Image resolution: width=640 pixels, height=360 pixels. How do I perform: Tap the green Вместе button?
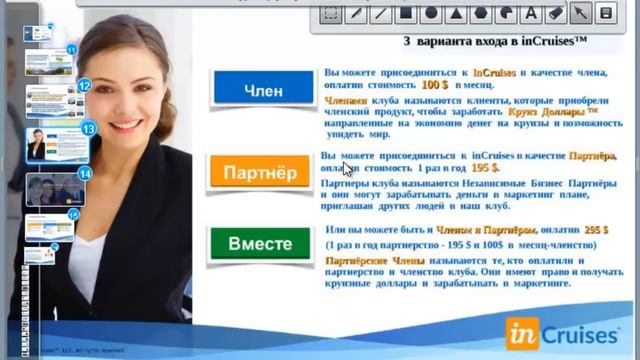259,244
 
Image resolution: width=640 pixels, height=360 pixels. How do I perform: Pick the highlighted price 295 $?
597,229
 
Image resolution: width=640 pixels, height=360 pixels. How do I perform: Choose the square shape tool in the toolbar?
406,13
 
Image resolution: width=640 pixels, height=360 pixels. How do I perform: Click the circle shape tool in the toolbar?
431,13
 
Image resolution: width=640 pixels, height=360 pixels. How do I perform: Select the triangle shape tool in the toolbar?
456,13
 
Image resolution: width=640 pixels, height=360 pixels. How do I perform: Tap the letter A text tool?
531,13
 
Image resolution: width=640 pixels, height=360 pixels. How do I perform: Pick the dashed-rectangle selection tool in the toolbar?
331,13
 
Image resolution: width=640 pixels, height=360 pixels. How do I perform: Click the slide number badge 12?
85,87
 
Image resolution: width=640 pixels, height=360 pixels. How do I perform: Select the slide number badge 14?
85,173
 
